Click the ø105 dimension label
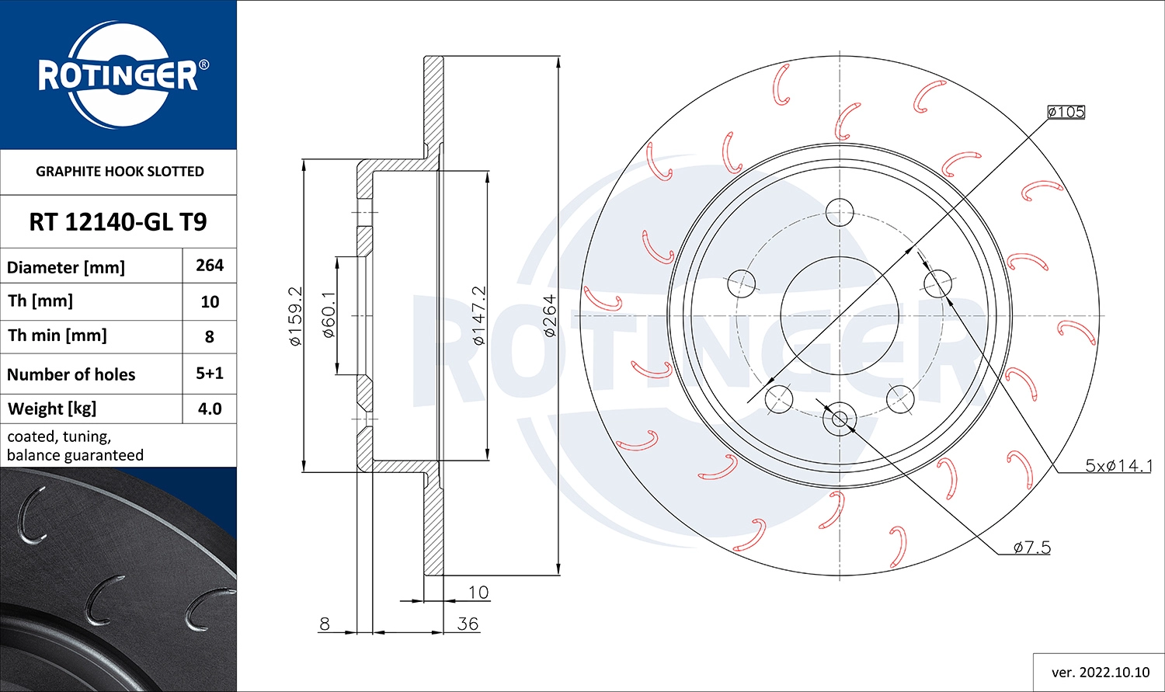(1066, 112)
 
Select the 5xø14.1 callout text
(1118, 466)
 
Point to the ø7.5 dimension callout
(1032, 548)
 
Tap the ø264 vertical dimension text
(550, 315)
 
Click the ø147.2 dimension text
(479, 315)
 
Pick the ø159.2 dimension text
(295, 315)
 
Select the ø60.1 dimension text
(329, 315)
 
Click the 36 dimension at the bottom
(468, 624)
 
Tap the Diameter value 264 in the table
(210, 266)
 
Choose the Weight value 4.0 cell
(210, 409)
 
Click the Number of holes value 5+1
(210, 374)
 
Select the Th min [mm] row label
(57, 336)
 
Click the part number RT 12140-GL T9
(118, 222)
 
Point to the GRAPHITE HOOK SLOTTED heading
(120, 172)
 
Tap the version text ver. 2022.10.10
(1100, 672)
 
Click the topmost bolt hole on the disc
(840, 211)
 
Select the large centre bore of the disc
(840, 316)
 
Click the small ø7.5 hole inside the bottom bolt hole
(840, 419)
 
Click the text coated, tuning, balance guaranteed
(75, 446)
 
